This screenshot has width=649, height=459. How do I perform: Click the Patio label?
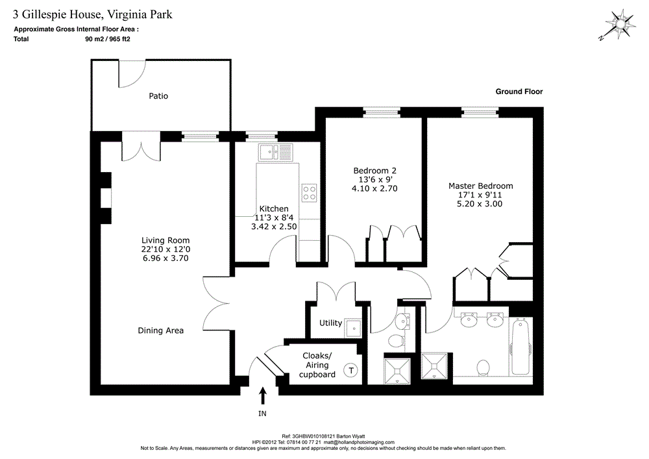(x=158, y=96)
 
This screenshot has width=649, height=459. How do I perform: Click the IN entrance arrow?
(x=262, y=395)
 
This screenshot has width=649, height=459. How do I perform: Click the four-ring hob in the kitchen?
(x=309, y=193)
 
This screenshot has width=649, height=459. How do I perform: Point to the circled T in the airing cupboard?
(x=351, y=370)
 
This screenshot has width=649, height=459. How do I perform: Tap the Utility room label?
(x=330, y=323)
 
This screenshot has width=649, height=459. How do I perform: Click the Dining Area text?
(x=160, y=330)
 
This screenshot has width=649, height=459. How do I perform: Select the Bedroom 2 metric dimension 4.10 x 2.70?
(x=374, y=189)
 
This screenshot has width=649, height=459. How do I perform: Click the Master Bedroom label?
(x=480, y=186)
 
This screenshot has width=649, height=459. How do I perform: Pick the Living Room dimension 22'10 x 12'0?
(x=165, y=249)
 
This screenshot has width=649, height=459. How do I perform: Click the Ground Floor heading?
(x=519, y=92)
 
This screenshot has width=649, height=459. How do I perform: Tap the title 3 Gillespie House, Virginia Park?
(x=92, y=14)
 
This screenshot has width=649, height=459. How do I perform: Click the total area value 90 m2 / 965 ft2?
(x=108, y=39)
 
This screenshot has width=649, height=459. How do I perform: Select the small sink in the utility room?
(x=353, y=328)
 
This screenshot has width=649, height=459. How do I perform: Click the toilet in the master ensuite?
(x=483, y=367)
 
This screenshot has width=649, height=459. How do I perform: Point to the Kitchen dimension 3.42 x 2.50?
(x=274, y=227)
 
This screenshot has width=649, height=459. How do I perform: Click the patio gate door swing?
(x=132, y=73)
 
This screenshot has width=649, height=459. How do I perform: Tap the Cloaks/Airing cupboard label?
(x=317, y=365)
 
